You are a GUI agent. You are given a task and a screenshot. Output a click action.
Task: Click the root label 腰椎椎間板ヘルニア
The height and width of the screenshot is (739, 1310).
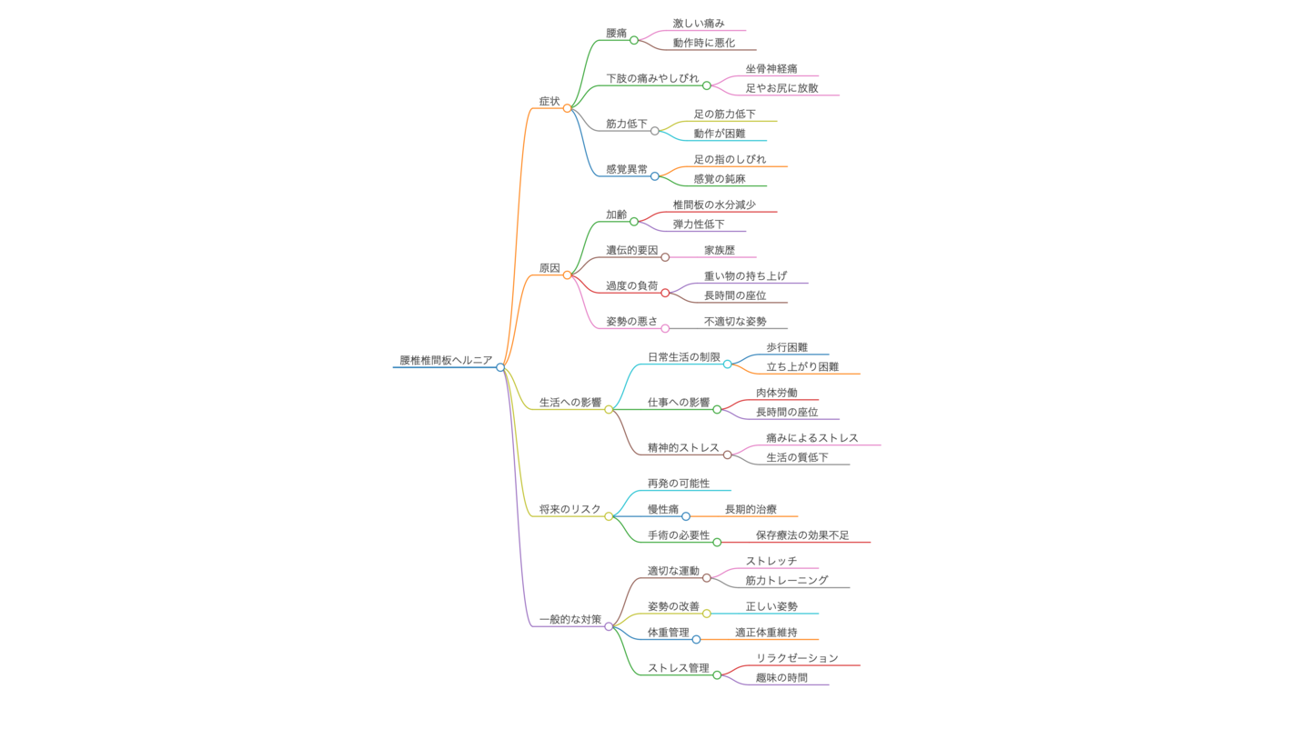coord(446,360)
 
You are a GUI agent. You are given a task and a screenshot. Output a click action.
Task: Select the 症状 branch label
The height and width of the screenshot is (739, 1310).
coord(549,101)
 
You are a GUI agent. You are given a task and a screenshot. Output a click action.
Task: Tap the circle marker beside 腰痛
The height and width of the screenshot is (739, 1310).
coord(634,40)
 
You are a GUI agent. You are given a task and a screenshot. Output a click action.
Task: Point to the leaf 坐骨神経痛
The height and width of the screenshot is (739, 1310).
coord(771,68)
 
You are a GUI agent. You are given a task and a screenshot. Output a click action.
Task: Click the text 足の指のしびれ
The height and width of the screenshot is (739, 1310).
coord(730,159)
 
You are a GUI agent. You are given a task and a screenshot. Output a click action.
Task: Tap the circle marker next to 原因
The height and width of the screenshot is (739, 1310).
coord(567,275)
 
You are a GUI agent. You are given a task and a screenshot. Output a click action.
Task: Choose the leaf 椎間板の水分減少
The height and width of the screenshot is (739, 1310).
coord(714,205)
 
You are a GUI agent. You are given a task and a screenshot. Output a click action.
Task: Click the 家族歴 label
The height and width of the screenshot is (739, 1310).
coord(720,250)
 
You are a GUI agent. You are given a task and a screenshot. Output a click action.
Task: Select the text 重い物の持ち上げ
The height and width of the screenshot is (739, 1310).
coord(745,275)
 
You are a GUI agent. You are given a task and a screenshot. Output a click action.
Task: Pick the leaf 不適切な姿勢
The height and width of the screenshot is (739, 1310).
coord(735,321)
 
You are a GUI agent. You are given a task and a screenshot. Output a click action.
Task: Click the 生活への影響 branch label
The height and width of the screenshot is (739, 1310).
coord(570,402)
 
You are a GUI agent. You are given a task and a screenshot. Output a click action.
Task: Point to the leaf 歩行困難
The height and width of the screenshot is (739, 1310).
coord(787,347)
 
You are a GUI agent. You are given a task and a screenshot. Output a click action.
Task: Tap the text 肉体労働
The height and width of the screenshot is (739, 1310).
coord(777,393)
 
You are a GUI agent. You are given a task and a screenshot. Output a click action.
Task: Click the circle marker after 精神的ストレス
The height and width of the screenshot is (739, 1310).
coord(727,454)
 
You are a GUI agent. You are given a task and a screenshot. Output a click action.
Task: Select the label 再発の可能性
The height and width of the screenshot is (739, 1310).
coord(679,484)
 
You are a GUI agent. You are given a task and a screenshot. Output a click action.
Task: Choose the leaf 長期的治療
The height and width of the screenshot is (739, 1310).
coord(751,509)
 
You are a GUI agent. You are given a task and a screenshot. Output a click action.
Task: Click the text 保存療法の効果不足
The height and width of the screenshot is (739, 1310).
coord(802,535)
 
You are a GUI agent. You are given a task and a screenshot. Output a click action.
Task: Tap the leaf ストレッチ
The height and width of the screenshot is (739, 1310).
coord(771,561)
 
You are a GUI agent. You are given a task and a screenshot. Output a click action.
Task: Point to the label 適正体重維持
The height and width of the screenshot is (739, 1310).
coord(766,633)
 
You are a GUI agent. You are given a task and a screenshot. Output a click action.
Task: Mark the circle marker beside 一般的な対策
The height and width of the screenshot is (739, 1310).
coord(609,626)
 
